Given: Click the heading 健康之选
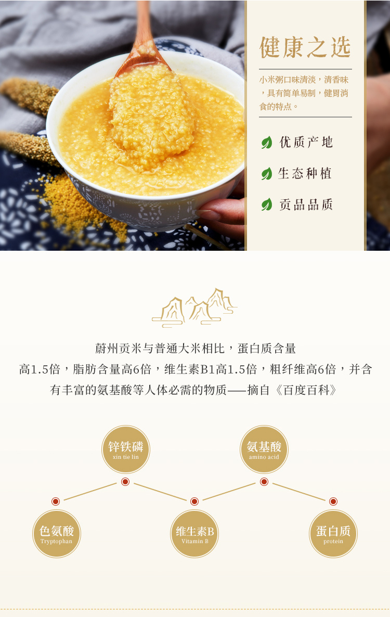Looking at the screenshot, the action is click(305, 47).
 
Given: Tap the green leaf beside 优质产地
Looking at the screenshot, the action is click(267, 142).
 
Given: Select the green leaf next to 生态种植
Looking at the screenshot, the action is click(267, 173).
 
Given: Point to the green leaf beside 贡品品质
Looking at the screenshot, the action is click(267, 204).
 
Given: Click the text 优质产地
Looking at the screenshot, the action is click(306, 142).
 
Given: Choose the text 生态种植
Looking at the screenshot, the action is click(305, 173).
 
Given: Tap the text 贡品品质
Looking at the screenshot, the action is click(306, 204).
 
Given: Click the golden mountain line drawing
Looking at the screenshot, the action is click(194, 307).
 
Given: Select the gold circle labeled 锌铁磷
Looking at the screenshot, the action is click(125, 449).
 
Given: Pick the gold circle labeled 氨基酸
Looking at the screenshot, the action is click(264, 449).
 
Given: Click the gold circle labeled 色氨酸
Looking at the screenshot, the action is click(56, 534).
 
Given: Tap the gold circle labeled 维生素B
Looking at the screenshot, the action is click(194, 534).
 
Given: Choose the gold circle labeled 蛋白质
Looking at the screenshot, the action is click(333, 534).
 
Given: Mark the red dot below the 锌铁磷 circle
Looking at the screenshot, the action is click(125, 482).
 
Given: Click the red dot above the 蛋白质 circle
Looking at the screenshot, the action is click(333, 502).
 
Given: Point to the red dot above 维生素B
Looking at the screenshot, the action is click(194, 502).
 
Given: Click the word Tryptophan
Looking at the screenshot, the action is click(56, 542).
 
